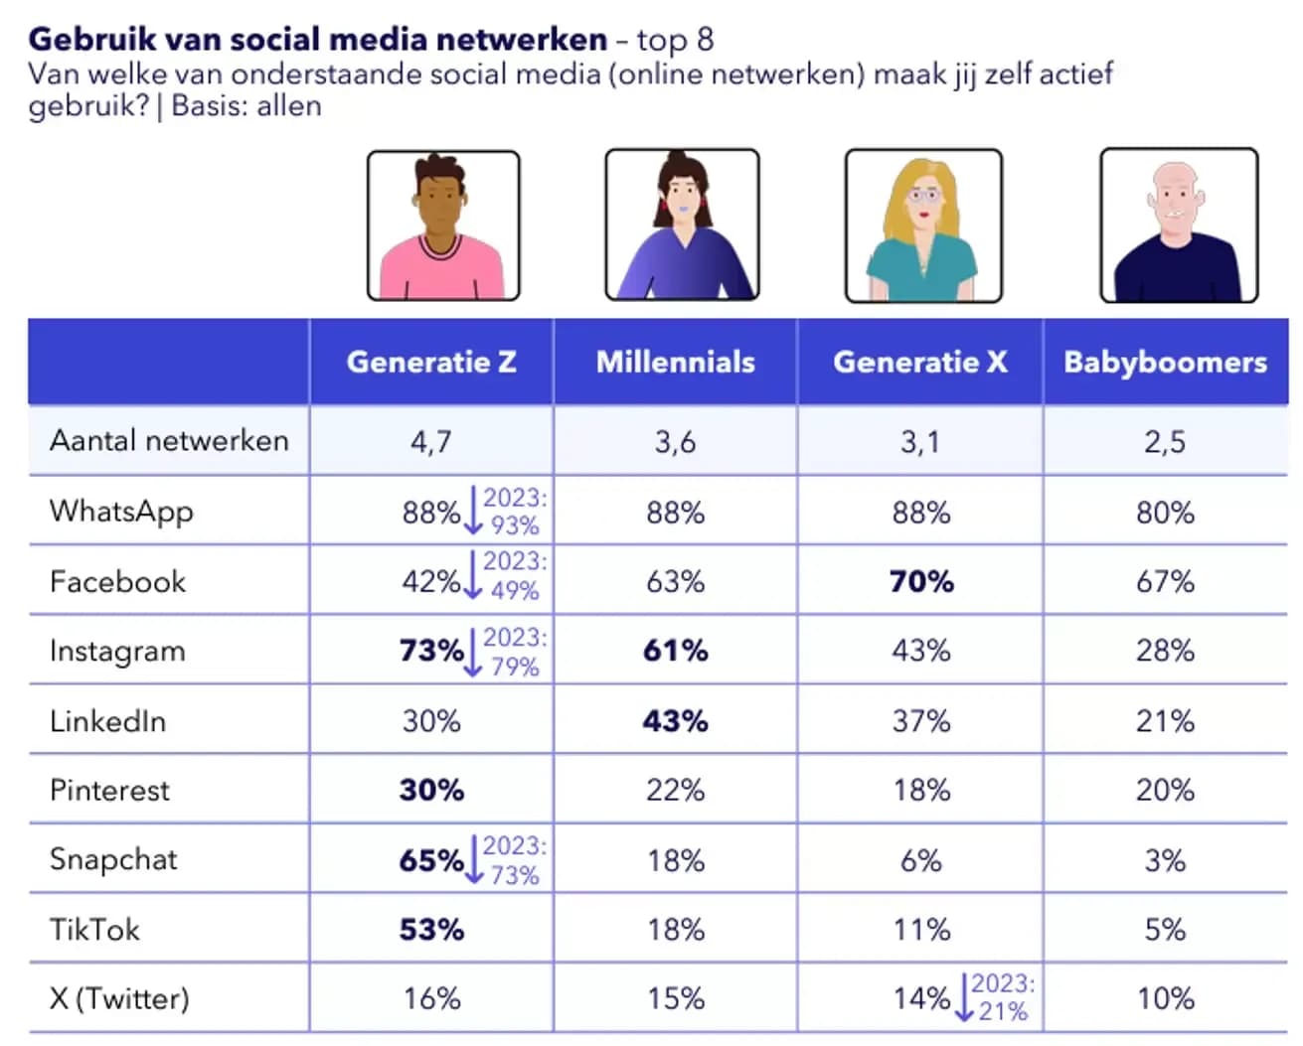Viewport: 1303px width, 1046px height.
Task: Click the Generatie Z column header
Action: pos(431,362)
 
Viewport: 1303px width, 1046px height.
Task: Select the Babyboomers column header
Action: pos(1165,362)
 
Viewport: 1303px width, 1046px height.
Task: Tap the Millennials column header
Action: pos(675,362)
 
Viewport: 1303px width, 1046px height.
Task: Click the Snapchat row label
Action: pos(113,859)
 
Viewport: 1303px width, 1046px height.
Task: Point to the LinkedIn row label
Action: pos(107,720)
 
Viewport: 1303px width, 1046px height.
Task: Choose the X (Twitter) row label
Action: pos(119,998)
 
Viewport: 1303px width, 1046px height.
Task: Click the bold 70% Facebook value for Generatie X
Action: pos(920,581)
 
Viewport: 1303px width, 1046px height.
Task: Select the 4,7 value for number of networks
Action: pos(431,441)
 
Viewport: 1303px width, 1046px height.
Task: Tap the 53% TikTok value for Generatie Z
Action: pos(431,930)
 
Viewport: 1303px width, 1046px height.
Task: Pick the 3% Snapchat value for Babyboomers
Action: pos(1165,860)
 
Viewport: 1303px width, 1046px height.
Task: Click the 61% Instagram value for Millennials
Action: pos(675,651)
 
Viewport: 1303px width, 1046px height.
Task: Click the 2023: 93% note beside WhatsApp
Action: pos(515,511)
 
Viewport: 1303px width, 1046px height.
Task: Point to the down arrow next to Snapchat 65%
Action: pos(474,860)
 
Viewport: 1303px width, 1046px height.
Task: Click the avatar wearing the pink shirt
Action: pos(443,225)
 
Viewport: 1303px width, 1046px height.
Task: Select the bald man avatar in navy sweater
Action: pos(1179,225)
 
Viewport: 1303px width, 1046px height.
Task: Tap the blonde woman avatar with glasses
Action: pos(922,225)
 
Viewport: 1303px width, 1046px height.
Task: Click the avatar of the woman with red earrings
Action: pos(682,225)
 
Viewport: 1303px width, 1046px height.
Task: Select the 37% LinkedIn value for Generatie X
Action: pos(920,720)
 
